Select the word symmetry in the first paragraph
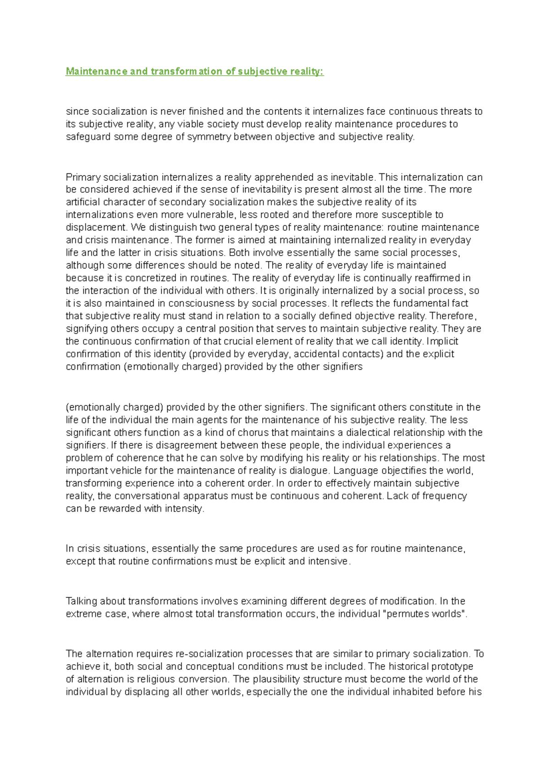coord(209,137)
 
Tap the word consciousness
coord(202,303)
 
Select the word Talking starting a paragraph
coord(82,601)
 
